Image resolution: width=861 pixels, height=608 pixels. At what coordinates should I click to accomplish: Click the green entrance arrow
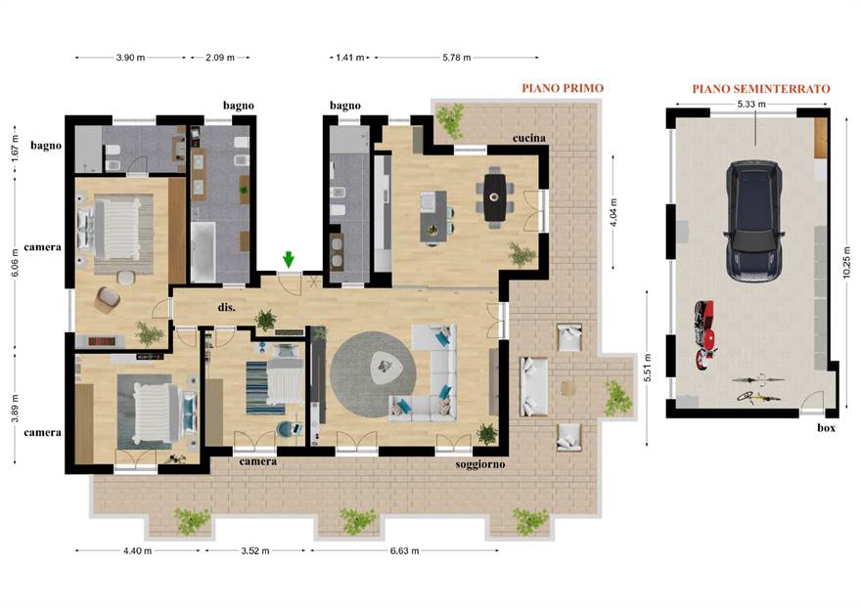289,260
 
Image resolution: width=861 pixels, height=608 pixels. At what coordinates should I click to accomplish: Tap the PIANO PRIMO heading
563,88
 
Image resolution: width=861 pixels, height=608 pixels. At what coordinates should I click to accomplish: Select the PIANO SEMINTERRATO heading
760,88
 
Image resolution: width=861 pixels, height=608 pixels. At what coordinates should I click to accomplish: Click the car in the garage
754,221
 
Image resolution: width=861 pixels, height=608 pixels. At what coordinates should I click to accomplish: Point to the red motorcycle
704,334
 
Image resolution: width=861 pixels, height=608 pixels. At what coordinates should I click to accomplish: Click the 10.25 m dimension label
847,262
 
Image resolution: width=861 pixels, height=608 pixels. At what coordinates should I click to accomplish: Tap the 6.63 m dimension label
404,550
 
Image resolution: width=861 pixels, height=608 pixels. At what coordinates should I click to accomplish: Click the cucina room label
528,138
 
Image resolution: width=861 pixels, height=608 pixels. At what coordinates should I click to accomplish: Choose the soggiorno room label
480,464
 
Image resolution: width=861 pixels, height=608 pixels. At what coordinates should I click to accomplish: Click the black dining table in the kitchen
494,197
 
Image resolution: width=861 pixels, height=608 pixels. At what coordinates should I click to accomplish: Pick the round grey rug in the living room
373,373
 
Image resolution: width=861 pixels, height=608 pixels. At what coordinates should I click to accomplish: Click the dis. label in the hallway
226,307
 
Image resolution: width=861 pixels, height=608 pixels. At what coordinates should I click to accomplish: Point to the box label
826,427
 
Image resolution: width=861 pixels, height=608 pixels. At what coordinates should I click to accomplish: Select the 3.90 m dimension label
131,57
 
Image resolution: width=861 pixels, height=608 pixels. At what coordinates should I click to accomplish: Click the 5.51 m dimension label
648,369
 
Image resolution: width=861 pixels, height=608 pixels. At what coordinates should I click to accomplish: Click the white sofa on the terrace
532,386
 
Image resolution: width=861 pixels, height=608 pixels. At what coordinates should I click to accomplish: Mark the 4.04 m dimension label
613,212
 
